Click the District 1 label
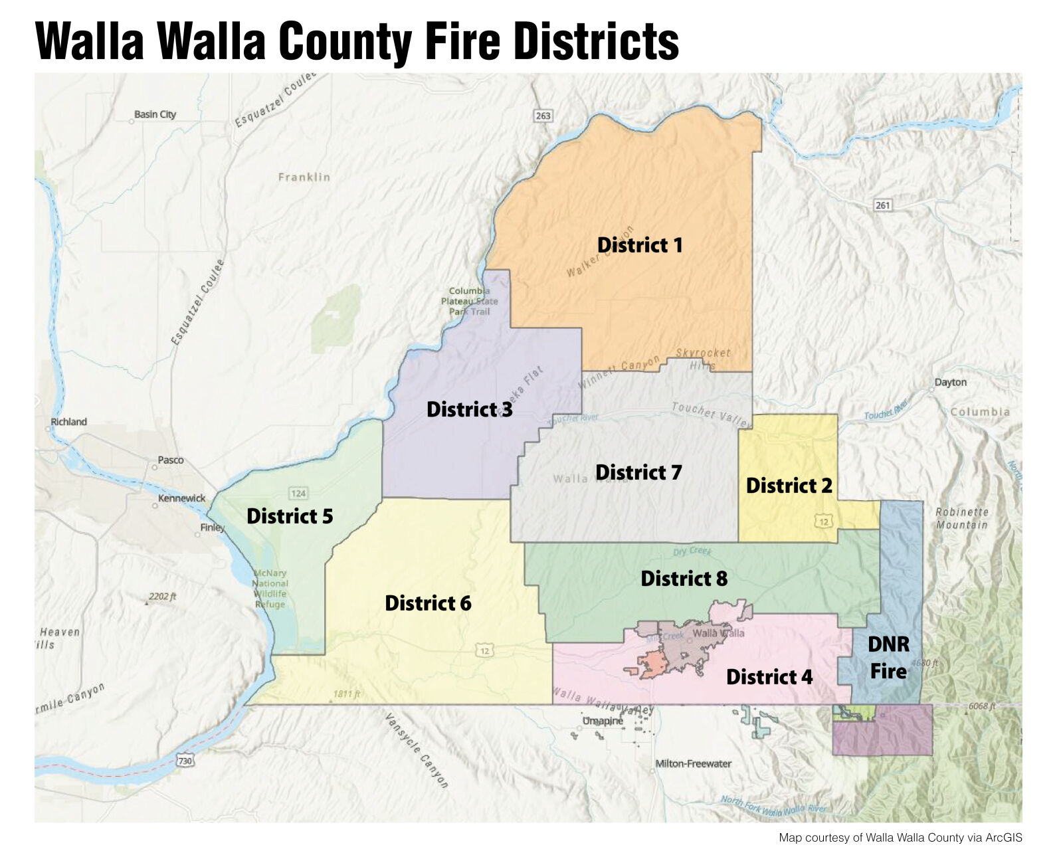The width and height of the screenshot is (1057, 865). [640, 245]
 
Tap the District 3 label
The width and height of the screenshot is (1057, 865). [469, 409]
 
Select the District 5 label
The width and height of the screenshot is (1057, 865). [290, 516]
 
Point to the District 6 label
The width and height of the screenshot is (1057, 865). [428, 603]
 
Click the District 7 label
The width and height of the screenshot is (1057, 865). [638, 472]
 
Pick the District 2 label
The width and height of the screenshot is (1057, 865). [789, 486]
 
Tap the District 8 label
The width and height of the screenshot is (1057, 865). [684, 579]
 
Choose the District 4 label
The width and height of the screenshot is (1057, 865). [769, 677]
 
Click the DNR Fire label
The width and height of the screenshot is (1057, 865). [888, 658]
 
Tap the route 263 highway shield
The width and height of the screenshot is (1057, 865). [543, 116]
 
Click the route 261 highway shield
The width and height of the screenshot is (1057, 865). [882, 205]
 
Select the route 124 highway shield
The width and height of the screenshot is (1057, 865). [298, 493]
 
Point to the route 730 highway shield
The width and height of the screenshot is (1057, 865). [185, 761]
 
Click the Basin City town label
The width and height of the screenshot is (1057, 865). [155, 114]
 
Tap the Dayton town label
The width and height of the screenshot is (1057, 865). [950, 383]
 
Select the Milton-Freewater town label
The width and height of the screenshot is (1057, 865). [693, 764]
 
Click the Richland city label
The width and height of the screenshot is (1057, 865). [68, 422]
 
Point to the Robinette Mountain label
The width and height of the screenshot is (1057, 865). [961, 518]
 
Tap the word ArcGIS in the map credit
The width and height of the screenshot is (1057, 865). [1003, 838]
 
